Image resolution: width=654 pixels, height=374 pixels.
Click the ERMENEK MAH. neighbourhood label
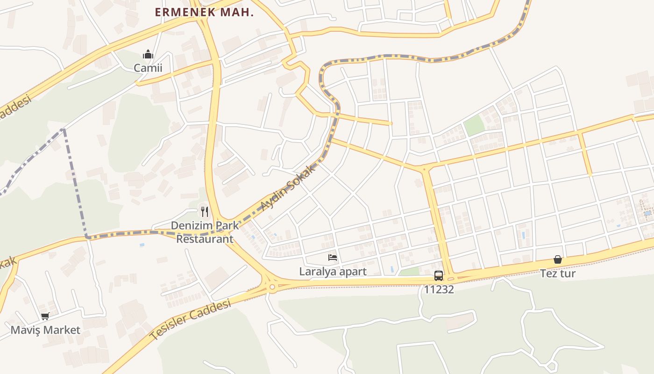(x=204, y=13)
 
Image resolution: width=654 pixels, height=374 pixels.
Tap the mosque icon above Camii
(x=148, y=54)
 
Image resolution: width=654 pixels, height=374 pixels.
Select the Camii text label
(x=148, y=68)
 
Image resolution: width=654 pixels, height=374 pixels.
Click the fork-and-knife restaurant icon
(x=204, y=212)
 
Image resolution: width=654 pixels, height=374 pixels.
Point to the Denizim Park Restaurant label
(x=204, y=232)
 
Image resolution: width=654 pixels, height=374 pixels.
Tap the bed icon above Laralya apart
(x=333, y=257)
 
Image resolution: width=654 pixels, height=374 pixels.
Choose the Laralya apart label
(x=333, y=272)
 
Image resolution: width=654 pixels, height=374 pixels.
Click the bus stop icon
(x=438, y=275)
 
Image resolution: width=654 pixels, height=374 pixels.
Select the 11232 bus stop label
(x=439, y=289)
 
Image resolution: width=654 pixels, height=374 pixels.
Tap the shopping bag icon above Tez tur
(x=558, y=259)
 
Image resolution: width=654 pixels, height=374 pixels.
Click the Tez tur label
(x=558, y=273)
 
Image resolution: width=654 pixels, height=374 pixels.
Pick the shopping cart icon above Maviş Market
(x=45, y=316)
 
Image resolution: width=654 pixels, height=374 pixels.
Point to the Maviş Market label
(x=45, y=330)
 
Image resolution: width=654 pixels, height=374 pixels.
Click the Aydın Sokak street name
(x=288, y=188)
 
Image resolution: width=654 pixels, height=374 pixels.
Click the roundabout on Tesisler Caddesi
(x=272, y=287)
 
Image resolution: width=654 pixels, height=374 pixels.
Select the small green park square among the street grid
(x=474, y=125)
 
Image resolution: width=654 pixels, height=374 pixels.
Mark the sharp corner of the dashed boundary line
(x=87, y=237)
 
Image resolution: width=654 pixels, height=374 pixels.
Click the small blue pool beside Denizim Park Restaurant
(x=142, y=245)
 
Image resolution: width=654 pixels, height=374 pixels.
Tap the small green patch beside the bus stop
(x=409, y=272)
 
